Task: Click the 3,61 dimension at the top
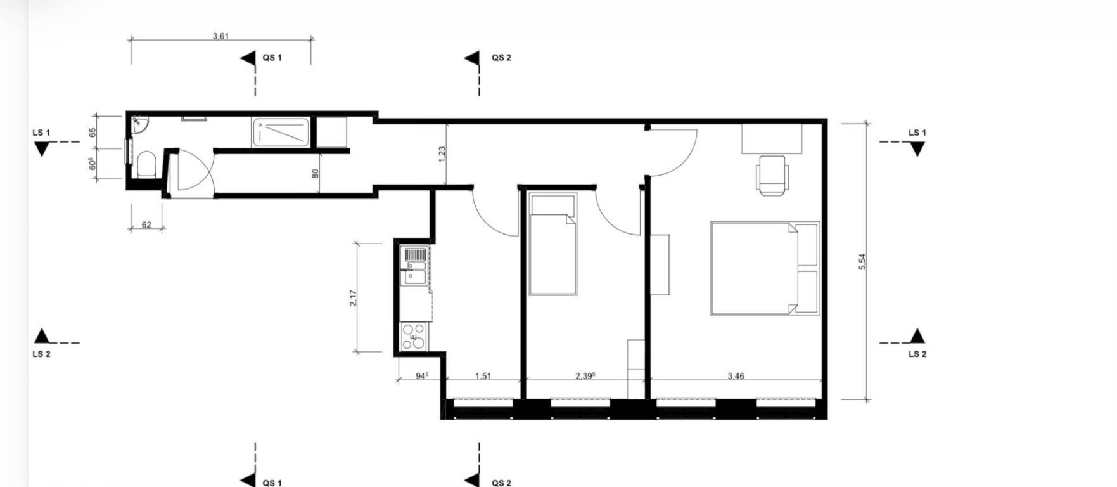(220, 36)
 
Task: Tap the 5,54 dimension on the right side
(862, 262)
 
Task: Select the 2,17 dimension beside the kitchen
(353, 298)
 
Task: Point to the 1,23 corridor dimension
(442, 154)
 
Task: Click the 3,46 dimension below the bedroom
(736, 376)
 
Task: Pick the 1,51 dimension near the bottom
(483, 376)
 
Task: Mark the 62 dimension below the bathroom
(146, 224)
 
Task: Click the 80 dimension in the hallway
(316, 172)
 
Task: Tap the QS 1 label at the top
(272, 58)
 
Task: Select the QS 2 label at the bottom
(501, 483)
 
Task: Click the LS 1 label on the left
(41, 133)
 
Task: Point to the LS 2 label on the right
(917, 354)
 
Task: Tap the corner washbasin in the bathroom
(139, 126)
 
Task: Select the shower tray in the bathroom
(281, 133)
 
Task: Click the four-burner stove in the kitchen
(414, 336)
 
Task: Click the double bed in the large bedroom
(765, 268)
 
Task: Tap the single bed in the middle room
(553, 245)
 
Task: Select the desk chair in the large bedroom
(773, 176)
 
